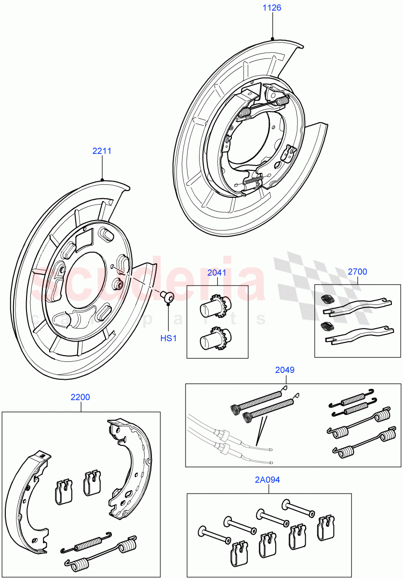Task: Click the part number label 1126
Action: click(x=272, y=8)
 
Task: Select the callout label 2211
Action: click(x=102, y=151)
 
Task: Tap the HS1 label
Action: click(x=169, y=338)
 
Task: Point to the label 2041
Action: click(x=216, y=273)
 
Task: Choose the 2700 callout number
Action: click(x=357, y=272)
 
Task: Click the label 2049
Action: click(x=284, y=370)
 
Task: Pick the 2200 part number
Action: click(x=80, y=398)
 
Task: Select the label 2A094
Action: click(x=268, y=480)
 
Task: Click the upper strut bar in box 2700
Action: click(x=357, y=305)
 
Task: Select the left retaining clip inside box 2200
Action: click(x=63, y=491)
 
